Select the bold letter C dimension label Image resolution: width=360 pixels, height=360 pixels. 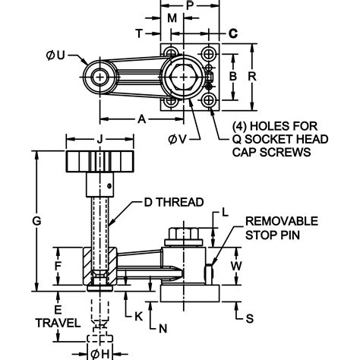(x=233, y=33)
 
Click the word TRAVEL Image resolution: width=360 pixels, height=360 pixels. (x=55, y=322)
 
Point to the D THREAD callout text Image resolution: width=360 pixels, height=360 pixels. (x=173, y=202)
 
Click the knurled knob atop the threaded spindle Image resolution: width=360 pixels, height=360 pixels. (x=99, y=162)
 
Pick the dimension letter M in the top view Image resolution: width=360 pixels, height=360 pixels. (x=172, y=17)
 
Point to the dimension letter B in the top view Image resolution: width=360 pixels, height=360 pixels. (x=234, y=76)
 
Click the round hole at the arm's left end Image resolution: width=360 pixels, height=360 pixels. (x=99, y=77)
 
